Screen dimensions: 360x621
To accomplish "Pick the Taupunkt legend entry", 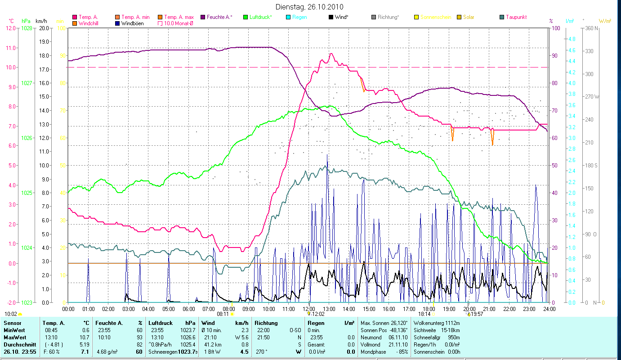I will [516, 17].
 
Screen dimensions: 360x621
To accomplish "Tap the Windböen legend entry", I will [131, 23].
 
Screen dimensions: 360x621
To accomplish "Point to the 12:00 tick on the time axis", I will [309, 309].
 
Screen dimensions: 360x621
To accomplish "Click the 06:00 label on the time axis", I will [188, 309].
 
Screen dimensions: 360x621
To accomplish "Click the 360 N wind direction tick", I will [592, 28].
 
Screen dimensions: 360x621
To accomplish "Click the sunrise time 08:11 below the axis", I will [223, 314].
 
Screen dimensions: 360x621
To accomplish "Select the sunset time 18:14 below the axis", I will [424, 314].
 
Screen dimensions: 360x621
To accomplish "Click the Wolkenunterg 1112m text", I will [436, 323].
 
